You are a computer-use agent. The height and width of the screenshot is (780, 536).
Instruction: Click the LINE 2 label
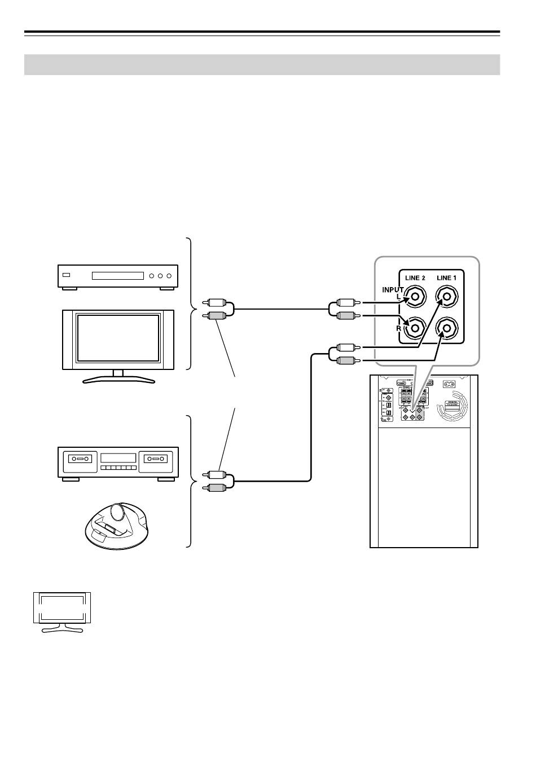tap(415, 278)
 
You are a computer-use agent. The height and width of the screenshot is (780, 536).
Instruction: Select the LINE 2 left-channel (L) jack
tap(416, 296)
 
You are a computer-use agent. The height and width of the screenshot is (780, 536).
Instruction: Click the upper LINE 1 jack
tap(447, 296)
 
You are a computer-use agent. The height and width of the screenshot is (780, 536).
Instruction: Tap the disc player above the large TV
tap(118, 276)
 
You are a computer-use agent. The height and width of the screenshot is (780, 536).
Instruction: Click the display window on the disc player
tap(118, 276)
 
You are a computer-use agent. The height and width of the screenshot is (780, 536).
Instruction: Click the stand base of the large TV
tap(118, 381)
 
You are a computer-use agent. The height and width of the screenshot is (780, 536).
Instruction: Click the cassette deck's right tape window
tap(153, 459)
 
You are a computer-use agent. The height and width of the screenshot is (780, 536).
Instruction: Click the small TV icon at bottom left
tap(61, 611)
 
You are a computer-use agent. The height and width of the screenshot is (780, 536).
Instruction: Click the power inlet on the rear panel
tap(450, 384)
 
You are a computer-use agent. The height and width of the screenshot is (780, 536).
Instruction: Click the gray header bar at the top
tap(262, 64)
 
